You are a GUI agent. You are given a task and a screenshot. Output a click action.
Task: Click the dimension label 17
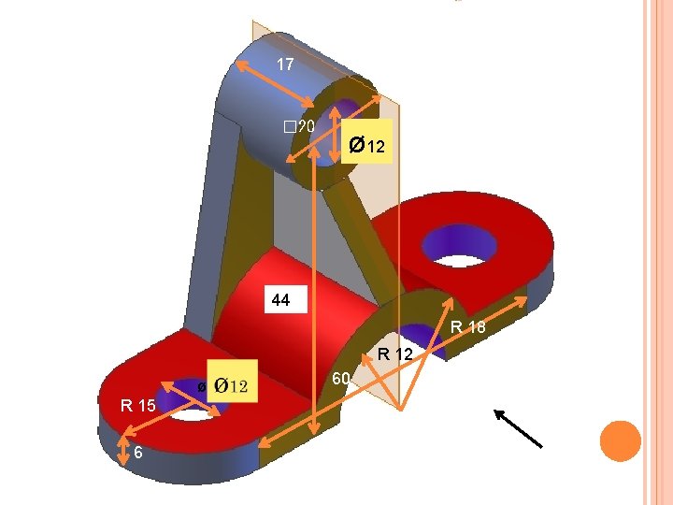285,65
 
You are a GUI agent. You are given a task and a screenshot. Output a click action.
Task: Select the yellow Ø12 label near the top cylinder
365,146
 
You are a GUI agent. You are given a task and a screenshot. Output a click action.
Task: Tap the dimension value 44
280,301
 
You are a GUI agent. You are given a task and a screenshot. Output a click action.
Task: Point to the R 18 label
467,327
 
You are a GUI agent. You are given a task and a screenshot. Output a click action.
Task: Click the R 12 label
396,353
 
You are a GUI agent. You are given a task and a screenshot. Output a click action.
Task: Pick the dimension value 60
341,379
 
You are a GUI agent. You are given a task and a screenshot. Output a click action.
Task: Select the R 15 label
137,405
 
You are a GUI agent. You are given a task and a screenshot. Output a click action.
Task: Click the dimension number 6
137,453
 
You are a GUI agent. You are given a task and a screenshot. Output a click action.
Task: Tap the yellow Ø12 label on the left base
231,385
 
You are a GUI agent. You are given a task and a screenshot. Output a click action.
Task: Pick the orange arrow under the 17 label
274,83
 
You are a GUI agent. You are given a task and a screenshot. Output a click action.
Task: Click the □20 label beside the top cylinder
300,127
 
